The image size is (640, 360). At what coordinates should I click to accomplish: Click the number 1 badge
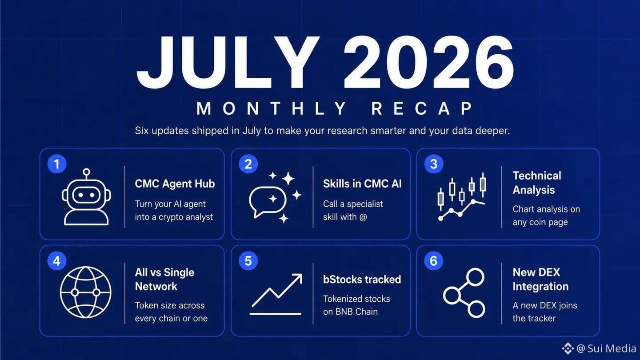click(57, 164)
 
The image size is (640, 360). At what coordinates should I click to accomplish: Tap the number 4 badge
click(57, 261)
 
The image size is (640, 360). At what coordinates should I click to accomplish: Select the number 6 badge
click(433, 261)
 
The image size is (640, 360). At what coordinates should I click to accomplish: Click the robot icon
click(86, 197)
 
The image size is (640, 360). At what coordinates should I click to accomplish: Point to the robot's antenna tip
click(86, 172)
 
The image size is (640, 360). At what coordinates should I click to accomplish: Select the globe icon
click(85, 292)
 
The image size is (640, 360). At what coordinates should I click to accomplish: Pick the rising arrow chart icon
click(276, 294)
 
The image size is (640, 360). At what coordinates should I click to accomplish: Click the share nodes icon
click(464, 293)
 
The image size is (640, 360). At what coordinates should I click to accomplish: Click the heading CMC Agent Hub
click(175, 184)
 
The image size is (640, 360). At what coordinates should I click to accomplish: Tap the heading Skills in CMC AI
click(362, 184)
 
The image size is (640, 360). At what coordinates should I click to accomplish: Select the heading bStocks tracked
click(362, 280)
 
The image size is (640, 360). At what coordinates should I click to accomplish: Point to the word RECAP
click(422, 108)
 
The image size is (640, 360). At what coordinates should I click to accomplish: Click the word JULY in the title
click(228, 62)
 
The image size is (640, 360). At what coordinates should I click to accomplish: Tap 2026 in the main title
click(428, 62)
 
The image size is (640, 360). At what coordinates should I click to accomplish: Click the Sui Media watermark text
click(611, 348)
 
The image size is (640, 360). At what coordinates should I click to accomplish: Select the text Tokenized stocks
click(356, 299)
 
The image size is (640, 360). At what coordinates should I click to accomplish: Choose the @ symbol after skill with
click(363, 217)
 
